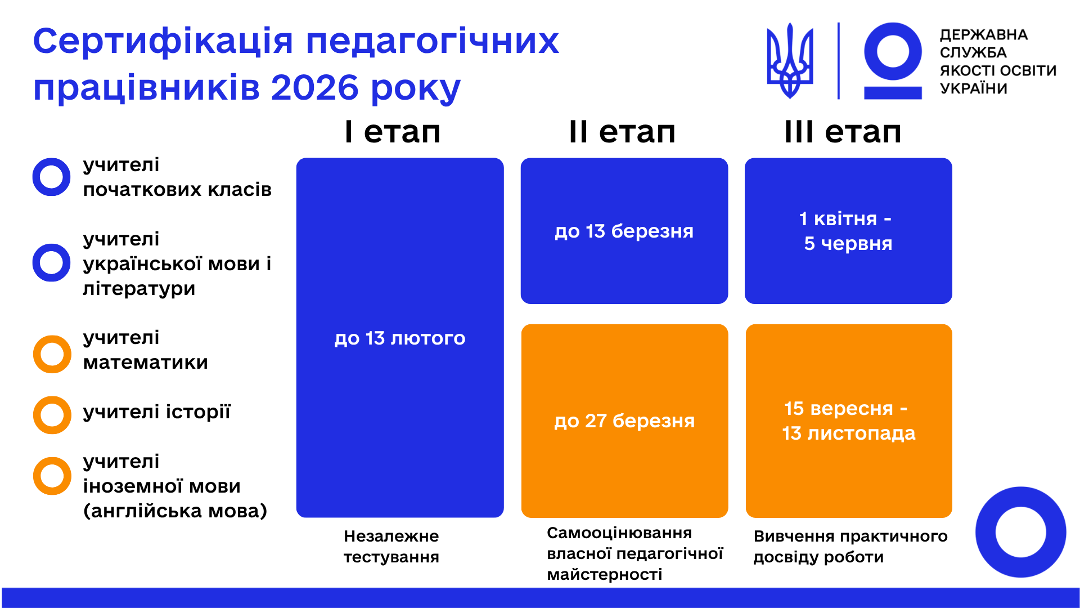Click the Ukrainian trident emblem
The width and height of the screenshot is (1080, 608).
coord(790,61)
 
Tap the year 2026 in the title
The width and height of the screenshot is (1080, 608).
coord(314,88)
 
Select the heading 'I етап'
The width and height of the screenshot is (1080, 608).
coord(393,132)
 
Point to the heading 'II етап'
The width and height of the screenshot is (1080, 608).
coord(622,132)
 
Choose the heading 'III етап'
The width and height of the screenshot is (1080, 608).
coord(843,132)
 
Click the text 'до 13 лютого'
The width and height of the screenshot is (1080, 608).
coord(400,338)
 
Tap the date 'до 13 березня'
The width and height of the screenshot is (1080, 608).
coord(624,231)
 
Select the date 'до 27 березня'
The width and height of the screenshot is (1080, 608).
coord(624,421)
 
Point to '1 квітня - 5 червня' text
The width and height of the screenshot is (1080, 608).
coord(847,231)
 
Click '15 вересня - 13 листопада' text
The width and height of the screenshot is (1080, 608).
coord(848,421)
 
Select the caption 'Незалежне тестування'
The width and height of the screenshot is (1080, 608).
coord(391,547)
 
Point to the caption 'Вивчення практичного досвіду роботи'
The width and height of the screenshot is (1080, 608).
coord(850,547)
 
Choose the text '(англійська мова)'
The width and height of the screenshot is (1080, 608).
coord(175,511)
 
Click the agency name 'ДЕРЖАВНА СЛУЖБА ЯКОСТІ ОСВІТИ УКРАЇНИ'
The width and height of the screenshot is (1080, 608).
coord(998,62)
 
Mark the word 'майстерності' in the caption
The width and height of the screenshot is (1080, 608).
coord(605,575)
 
